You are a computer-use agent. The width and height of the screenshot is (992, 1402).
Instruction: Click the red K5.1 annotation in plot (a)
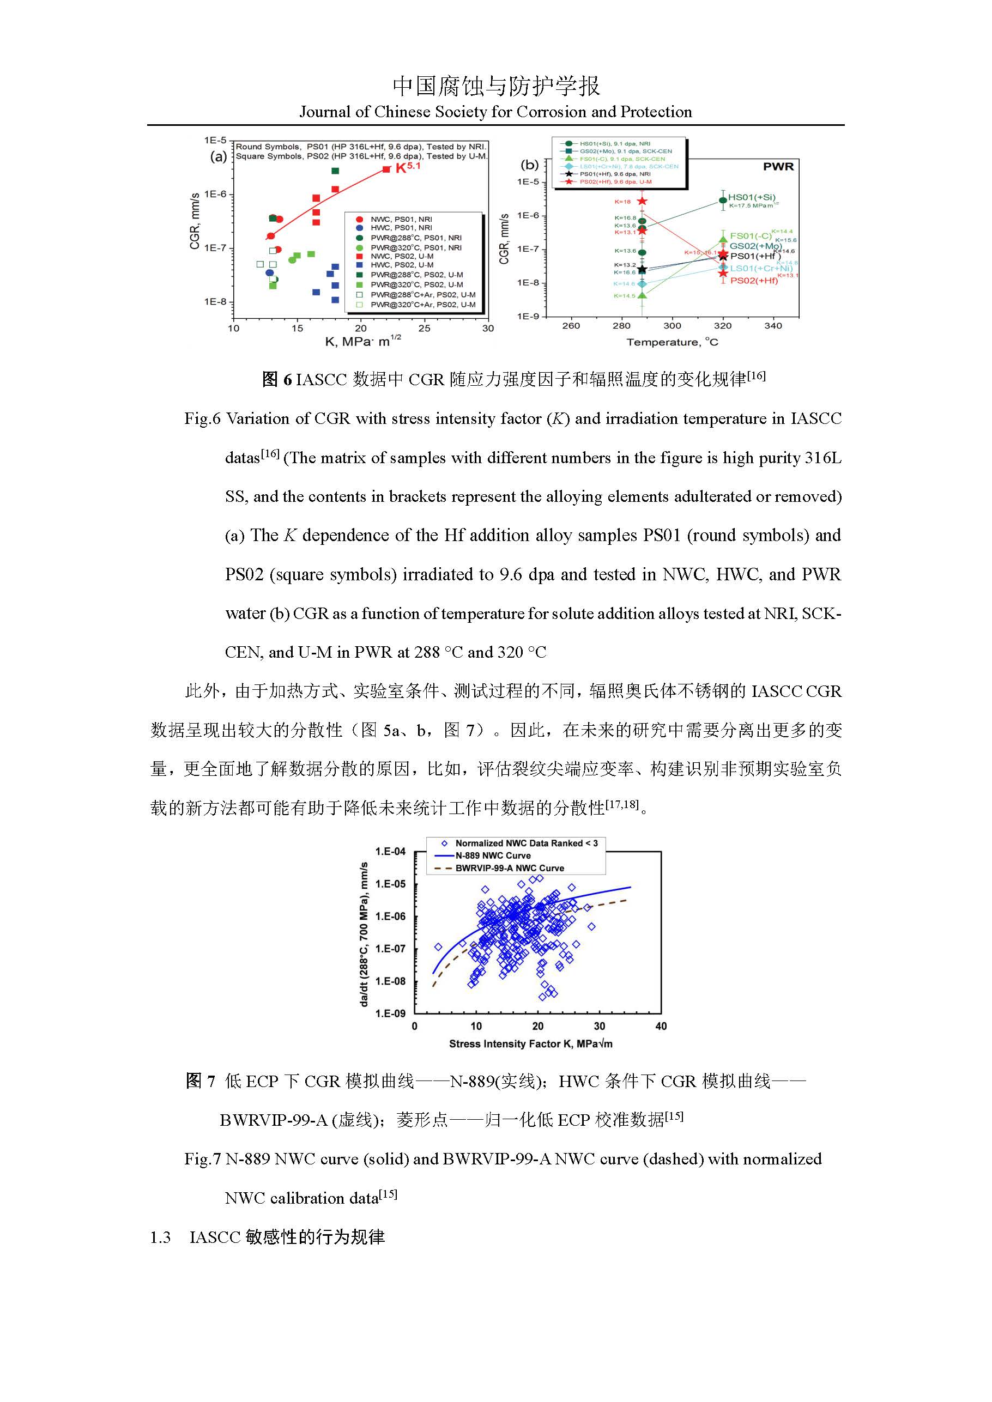click(x=408, y=167)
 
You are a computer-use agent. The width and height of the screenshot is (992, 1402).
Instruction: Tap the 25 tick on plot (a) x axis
click(x=424, y=329)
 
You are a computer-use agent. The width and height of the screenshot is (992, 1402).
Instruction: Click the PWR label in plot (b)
click(x=778, y=167)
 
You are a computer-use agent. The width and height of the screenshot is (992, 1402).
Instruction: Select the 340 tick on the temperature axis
click(x=773, y=326)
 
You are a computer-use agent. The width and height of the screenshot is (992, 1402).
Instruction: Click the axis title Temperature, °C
click(x=672, y=343)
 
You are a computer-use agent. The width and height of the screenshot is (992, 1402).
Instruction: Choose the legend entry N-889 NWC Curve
click(x=492, y=855)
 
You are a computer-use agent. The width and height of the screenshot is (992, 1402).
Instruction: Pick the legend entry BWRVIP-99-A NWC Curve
click(x=510, y=867)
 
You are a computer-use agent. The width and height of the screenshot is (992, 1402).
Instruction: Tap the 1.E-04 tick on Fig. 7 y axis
click(x=390, y=851)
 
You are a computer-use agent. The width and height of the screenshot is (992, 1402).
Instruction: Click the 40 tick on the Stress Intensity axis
click(x=661, y=1027)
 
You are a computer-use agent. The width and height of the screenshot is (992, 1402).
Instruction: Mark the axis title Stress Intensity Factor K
click(x=530, y=1044)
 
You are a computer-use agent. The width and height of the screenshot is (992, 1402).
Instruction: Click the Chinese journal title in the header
click(x=495, y=86)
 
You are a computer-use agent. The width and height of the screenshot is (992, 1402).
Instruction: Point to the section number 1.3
click(x=160, y=1237)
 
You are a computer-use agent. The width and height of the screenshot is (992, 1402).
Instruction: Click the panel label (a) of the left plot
click(x=218, y=157)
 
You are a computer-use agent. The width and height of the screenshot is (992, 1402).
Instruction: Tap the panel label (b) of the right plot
click(x=530, y=165)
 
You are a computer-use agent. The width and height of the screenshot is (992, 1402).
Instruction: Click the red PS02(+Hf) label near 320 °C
click(x=754, y=281)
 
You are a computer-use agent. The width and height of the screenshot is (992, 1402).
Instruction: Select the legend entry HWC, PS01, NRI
click(x=401, y=228)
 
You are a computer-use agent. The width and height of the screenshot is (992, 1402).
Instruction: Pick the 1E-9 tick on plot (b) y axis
click(x=528, y=316)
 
